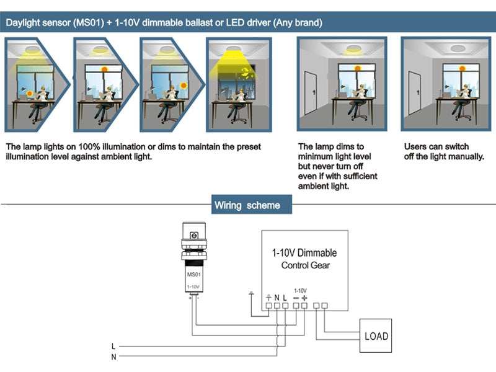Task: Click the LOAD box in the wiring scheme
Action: click(x=376, y=336)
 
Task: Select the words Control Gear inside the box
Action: click(x=306, y=265)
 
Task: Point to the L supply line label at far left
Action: click(x=113, y=345)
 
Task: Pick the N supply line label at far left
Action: click(x=113, y=356)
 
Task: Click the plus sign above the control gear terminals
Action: click(x=304, y=298)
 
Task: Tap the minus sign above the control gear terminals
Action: click(x=296, y=298)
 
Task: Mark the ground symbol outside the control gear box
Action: click(x=251, y=294)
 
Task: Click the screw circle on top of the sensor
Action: click(x=193, y=236)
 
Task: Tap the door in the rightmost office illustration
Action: click(x=412, y=96)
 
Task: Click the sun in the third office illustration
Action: click(x=184, y=86)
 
